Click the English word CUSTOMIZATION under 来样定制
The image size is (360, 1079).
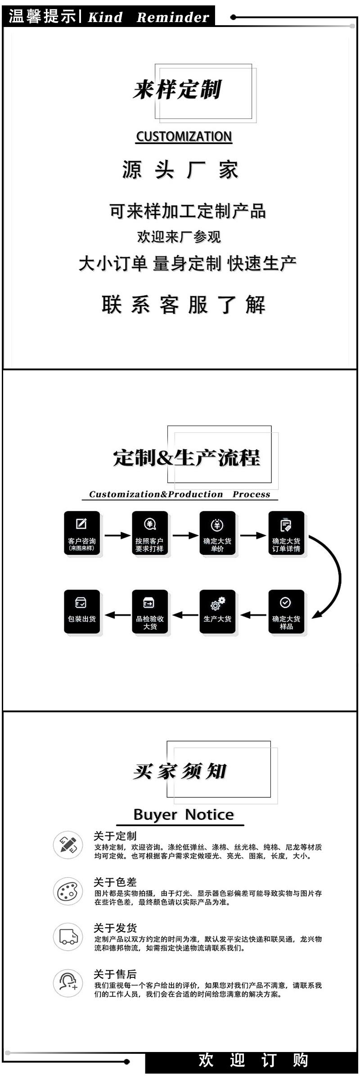[184, 136]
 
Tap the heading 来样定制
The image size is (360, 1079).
[177, 90]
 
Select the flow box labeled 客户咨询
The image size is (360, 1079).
[81, 533]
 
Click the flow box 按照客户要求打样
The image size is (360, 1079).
[150, 533]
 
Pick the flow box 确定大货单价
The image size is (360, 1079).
[217, 533]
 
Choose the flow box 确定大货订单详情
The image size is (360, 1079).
[286, 533]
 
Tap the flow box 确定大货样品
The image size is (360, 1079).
[286, 611]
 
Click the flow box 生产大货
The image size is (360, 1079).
[217, 611]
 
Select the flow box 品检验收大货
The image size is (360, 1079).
[150, 611]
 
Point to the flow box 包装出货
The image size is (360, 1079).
[81, 611]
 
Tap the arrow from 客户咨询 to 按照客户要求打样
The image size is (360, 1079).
[117, 535]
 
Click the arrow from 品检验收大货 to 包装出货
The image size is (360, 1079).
[117, 615]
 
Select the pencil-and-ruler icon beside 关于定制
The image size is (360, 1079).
[68, 845]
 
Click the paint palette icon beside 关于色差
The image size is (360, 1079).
[68, 891]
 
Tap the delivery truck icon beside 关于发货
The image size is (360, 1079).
[68, 937]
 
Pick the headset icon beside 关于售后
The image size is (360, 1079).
[68, 983]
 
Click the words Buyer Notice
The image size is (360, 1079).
[184, 814]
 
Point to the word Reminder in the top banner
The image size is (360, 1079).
[173, 18]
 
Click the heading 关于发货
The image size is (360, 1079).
[115, 928]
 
